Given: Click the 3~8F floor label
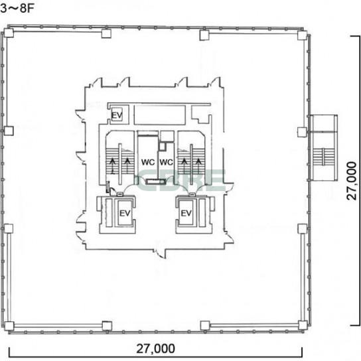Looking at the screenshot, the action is (x=17, y=8).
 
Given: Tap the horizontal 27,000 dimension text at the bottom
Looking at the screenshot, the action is (x=156, y=348).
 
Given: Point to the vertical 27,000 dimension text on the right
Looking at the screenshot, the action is (x=352, y=181).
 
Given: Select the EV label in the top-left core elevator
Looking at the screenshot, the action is (x=117, y=115).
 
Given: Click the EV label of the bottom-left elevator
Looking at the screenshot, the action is (x=125, y=214).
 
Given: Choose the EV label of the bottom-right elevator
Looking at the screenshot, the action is (x=186, y=213).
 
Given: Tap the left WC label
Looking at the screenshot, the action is (x=148, y=162).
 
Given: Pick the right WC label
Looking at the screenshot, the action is (x=166, y=162).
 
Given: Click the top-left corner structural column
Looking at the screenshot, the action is (x=9, y=33).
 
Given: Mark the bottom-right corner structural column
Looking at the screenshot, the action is (x=303, y=325).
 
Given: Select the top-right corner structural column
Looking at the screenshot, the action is (x=303, y=35).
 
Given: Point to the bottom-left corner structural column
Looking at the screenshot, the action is (x=9, y=326).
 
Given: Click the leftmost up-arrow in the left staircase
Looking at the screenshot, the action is (x=112, y=165).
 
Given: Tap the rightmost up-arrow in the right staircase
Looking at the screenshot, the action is (x=198, y=165).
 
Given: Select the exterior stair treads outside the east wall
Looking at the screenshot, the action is (x=324, y=157).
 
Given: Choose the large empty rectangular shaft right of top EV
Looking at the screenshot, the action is (x=159, y=115).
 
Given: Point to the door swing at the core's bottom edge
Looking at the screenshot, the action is (x=161, y=253).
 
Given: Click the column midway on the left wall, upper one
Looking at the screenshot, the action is (x=9, y=131).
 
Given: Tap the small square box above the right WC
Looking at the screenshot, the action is (x=163, y=147).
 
